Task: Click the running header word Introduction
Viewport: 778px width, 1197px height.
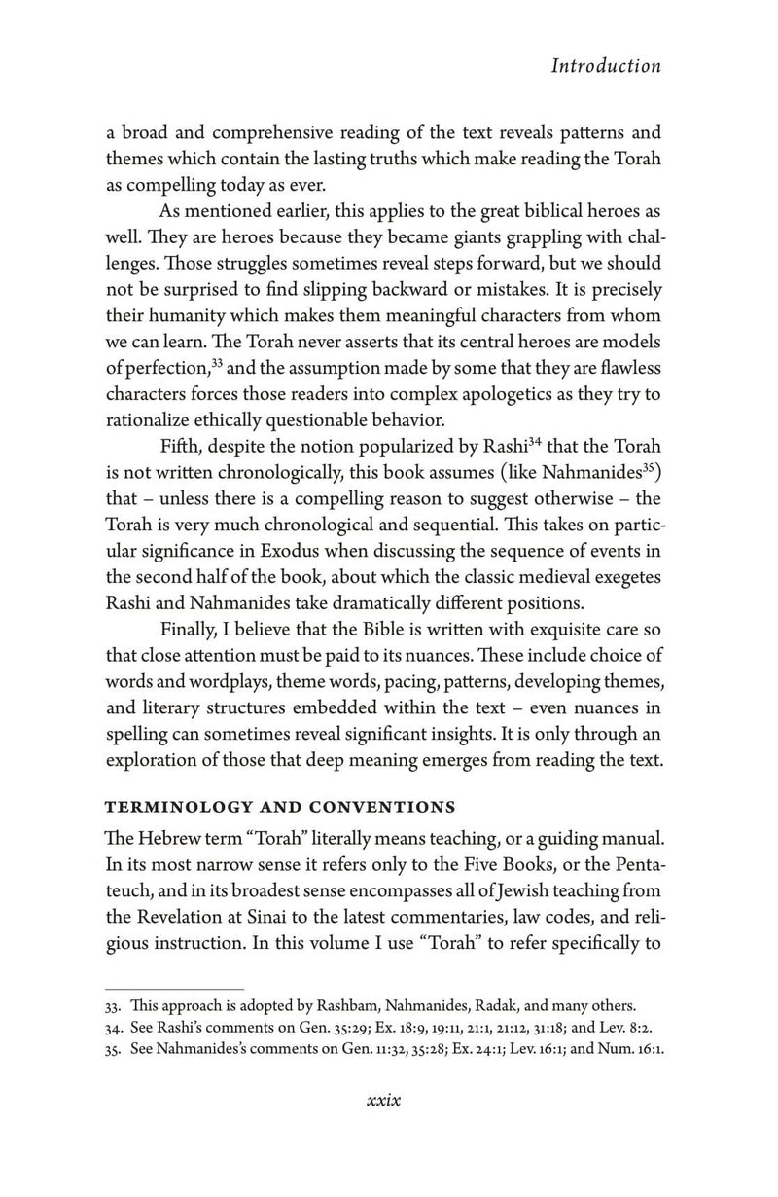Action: pos(605,66)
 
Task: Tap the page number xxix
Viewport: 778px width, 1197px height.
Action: pos(384,1100)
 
